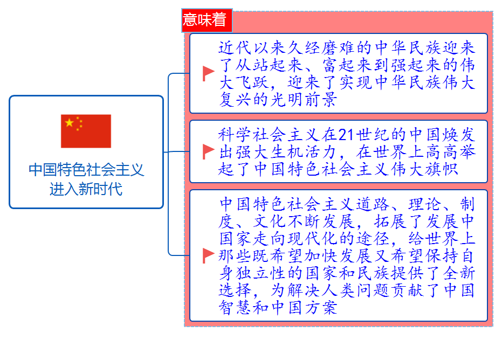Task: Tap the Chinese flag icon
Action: pos(86,131)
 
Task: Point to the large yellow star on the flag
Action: pos(70,123)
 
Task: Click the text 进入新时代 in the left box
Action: pos(86,189)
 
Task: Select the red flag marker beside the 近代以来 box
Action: pos(208,73)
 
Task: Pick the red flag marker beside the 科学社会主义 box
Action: pos(208,151)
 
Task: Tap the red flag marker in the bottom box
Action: pos(208,255)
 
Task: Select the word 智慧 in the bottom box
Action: pos(236,307)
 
